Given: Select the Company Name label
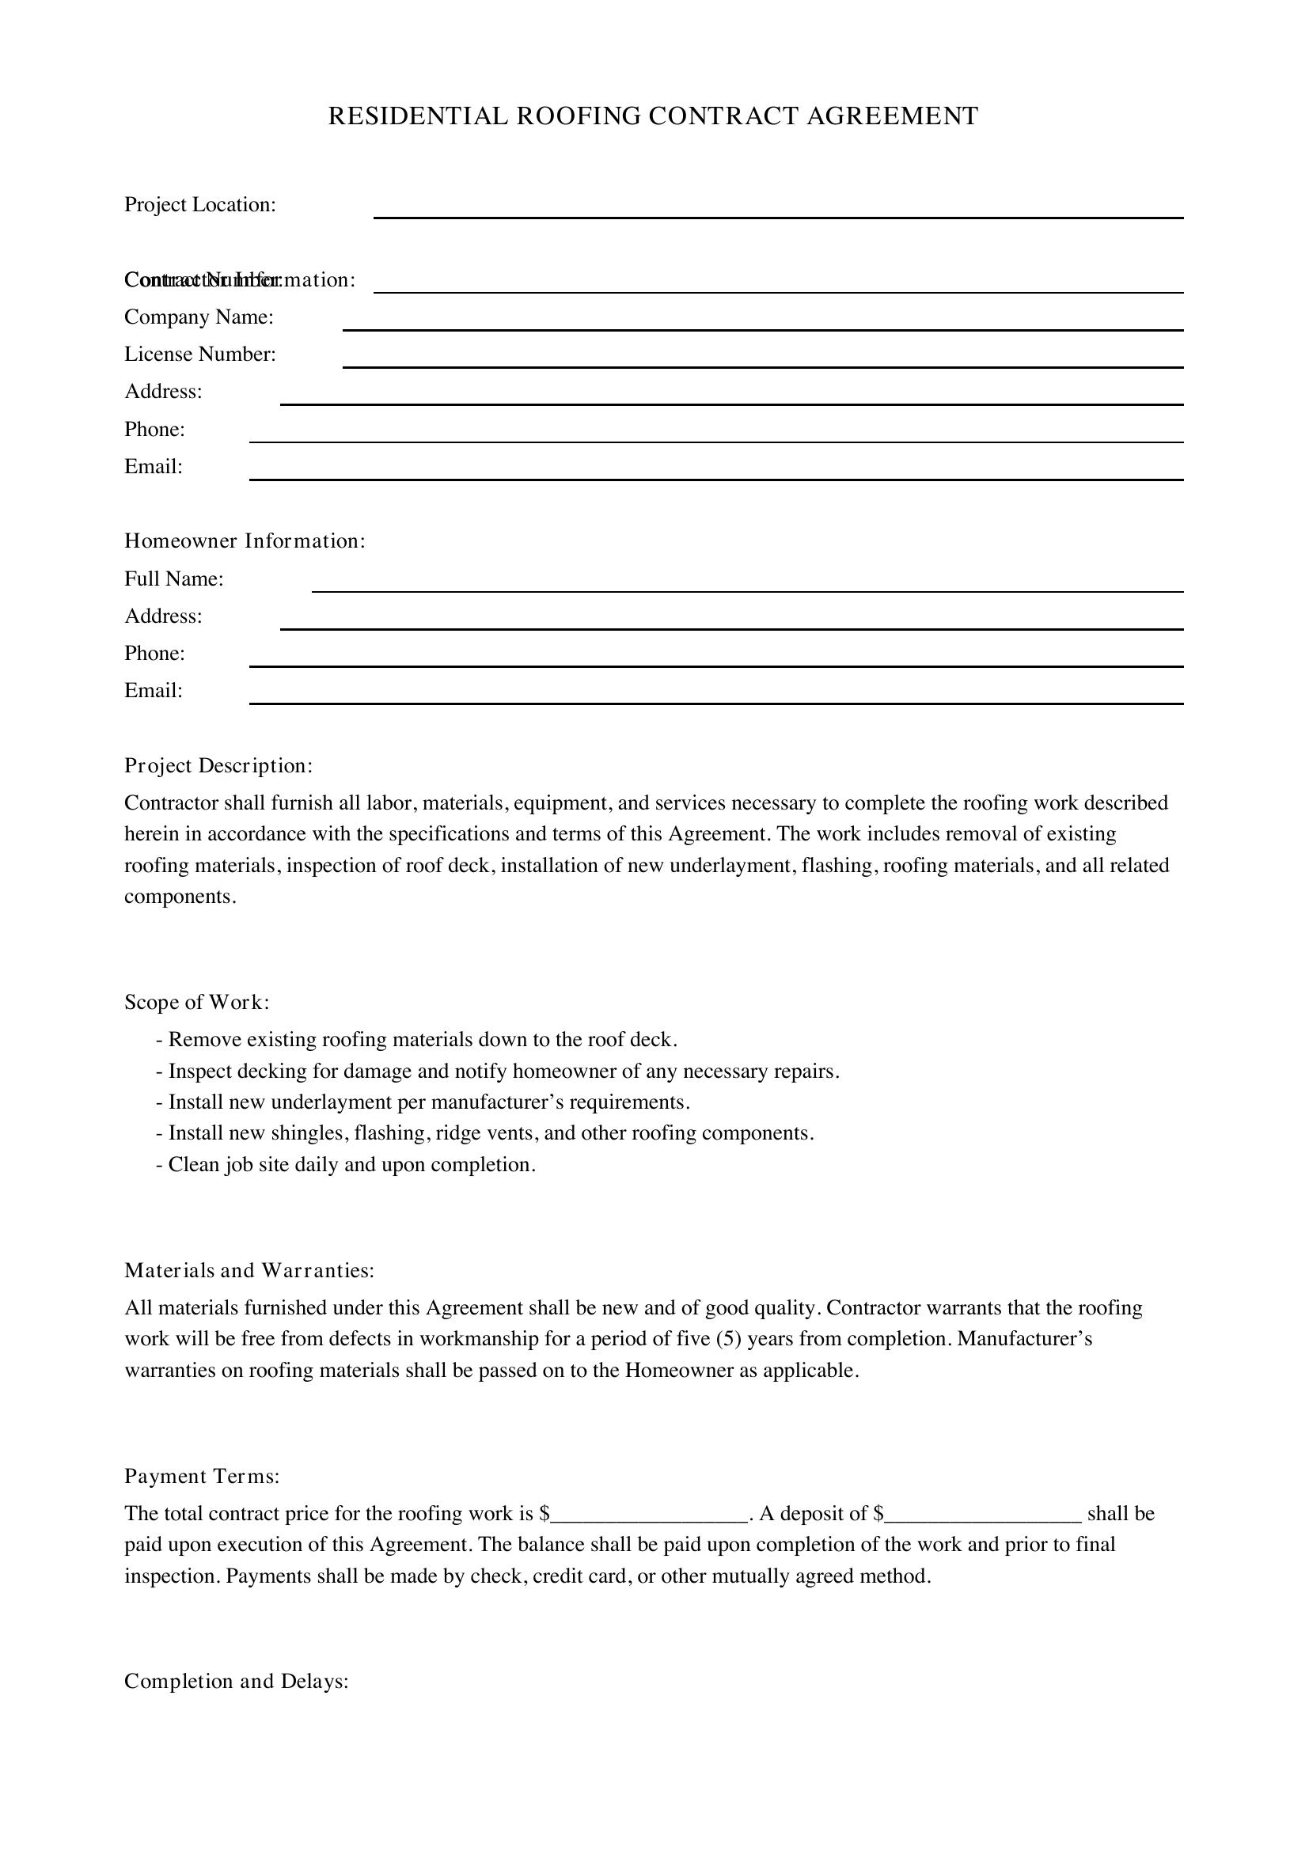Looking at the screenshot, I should pos(199,317).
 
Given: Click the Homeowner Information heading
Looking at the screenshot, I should pos(245,541).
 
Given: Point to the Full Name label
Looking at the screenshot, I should pos(174,578).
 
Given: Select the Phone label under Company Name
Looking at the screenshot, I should pos(155,430).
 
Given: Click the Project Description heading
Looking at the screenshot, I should pos(218,765).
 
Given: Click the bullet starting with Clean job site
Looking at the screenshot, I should pos(347,1164).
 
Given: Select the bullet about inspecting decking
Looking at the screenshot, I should pos(498,1072).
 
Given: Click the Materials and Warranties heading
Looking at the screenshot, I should pos(250,1271).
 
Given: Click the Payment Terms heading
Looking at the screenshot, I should pos(203,1476).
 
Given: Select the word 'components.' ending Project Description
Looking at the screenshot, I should pos(180,897).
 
